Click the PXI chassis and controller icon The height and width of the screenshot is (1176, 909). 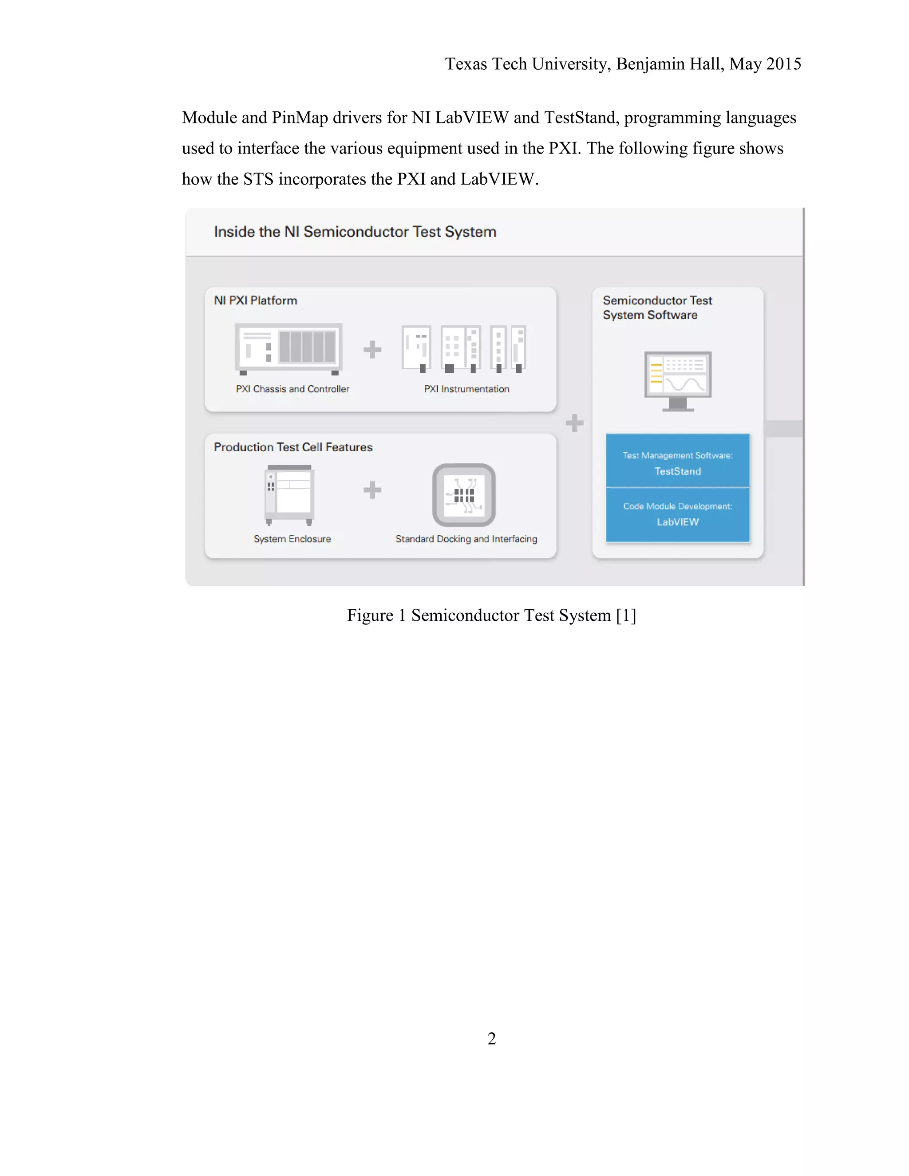289,349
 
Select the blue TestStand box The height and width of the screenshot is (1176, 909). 677,461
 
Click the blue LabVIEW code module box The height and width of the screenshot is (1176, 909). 677,514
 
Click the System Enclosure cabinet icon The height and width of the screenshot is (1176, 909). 289,494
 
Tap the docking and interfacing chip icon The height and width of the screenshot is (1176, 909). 464,494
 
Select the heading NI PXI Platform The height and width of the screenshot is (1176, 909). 255,300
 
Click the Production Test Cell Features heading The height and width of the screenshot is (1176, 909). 293,447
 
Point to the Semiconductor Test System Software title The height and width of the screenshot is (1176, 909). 657,308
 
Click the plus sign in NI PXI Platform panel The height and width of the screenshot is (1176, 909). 372,349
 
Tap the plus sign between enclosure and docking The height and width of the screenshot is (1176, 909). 372,490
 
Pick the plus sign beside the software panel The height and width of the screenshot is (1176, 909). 575,422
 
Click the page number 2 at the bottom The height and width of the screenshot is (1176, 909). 491,1038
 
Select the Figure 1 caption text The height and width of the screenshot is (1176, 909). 491,615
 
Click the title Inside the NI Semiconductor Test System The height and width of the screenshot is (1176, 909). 355,232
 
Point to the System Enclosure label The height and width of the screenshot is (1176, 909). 292,539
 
